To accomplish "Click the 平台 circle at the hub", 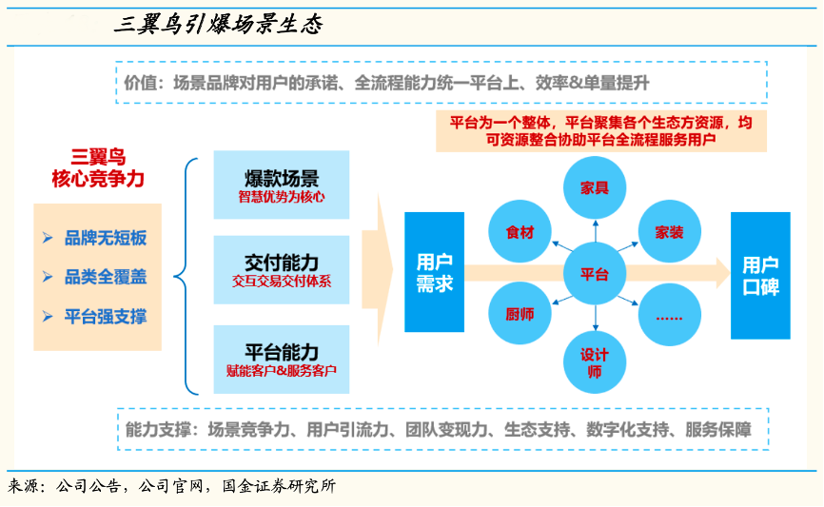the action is click(595, 274).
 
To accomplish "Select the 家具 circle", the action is click(595, 187).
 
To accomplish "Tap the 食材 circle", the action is click(520, 232).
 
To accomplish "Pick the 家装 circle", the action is click(669, 232).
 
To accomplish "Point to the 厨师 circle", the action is click(520, 314).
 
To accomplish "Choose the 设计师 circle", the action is click(595, 362).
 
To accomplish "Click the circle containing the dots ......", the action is click(669, 315).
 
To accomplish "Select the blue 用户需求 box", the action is click(434, 272).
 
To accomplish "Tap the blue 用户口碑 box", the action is click(760, 275).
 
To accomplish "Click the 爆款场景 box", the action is click(281, 185).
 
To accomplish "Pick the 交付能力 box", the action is click(281, 270).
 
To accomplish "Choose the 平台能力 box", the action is click(281, 360).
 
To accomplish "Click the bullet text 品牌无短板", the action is click(106, 238).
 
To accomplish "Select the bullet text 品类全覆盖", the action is click(106, 277).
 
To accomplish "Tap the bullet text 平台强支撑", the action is click(106, 317).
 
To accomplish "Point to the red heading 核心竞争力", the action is click(98, 179).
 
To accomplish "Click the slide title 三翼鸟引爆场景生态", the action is click(218, 24).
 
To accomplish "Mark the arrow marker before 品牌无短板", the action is click(48, 238).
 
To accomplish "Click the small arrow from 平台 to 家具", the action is click(596, 231).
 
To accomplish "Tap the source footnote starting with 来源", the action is click(172, 486).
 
